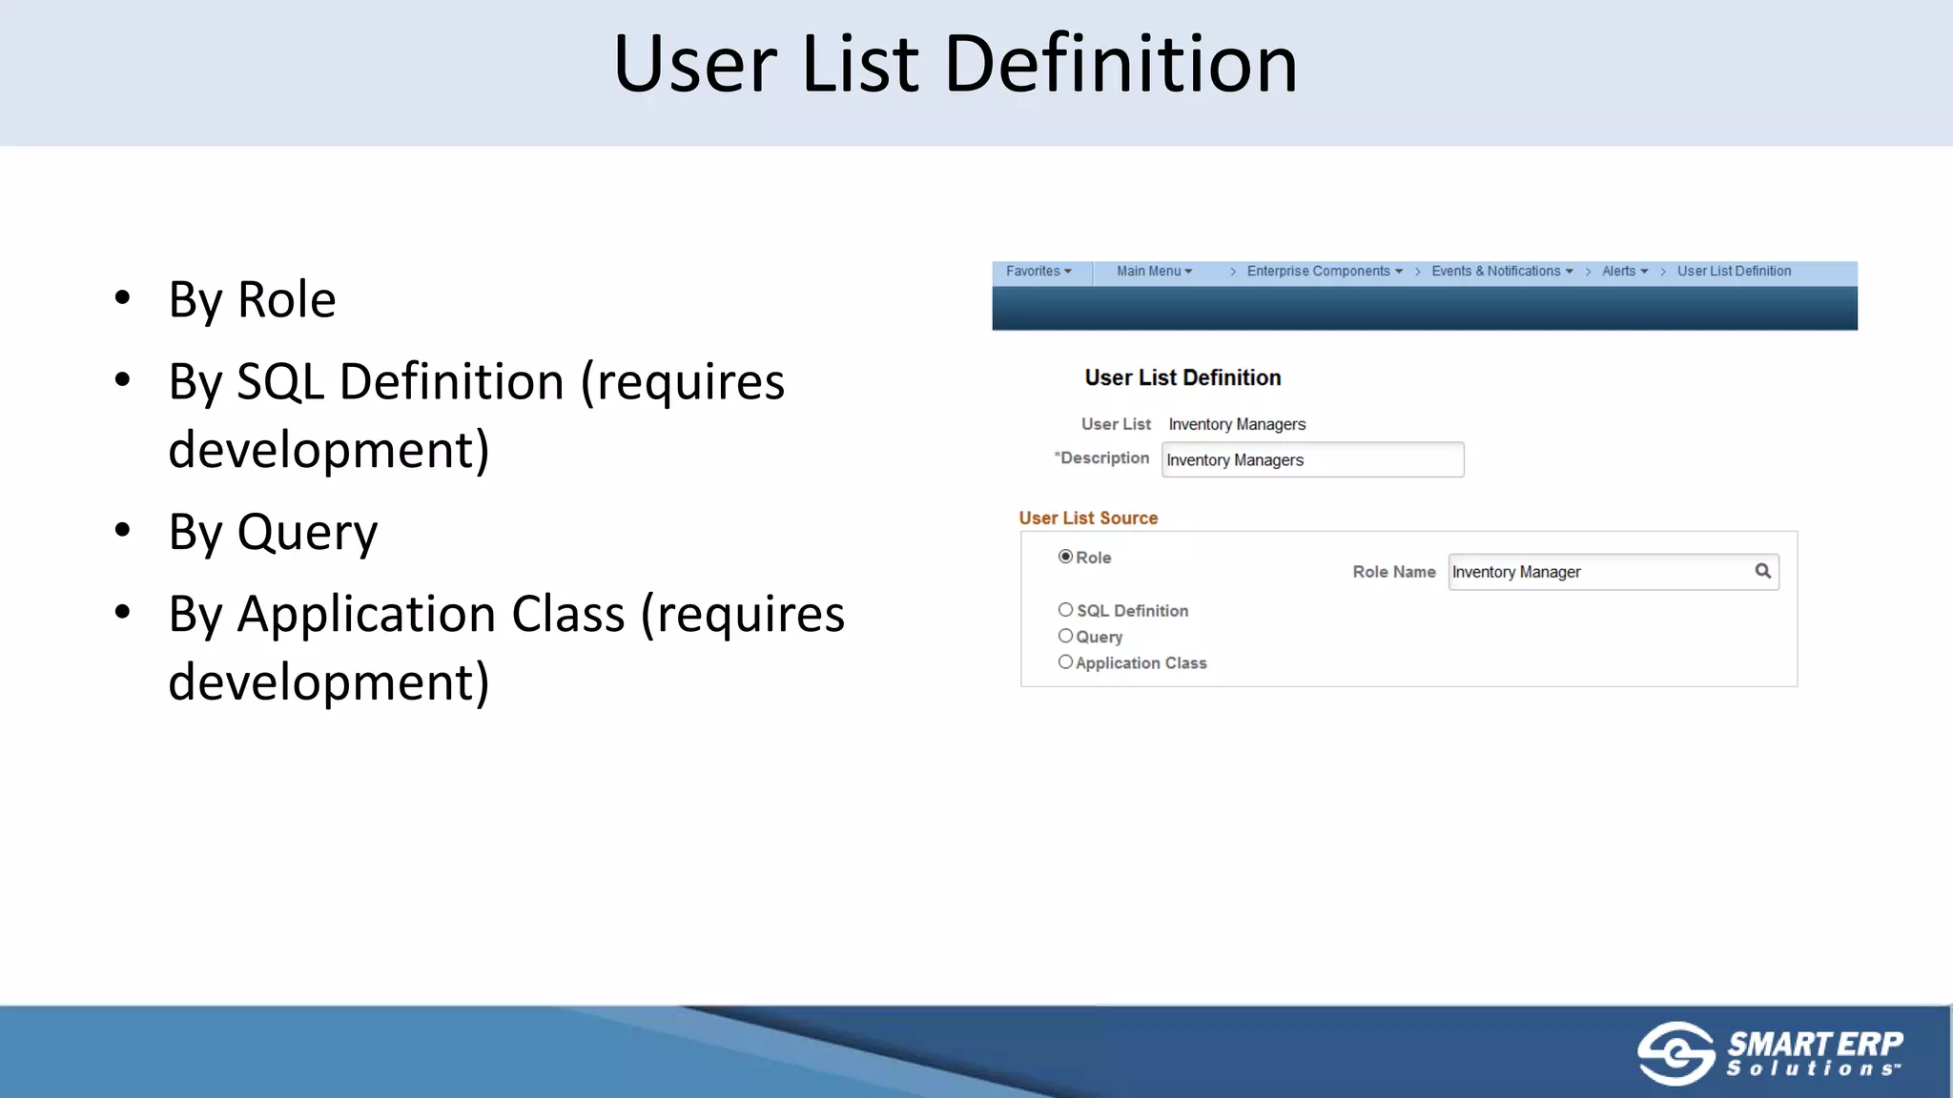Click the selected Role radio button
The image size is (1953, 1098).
(1065, 557)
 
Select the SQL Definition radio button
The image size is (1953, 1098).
(1065, 610)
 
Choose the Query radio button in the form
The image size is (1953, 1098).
(1065, 636)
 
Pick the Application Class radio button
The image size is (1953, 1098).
(1065, 662)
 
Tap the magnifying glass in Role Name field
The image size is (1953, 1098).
(1762, 571)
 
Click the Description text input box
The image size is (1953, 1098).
(1312, 459)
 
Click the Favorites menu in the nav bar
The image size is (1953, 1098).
(1038, 272)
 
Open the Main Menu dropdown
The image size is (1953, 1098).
(1154, 272)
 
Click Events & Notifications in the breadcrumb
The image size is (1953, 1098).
(1501, 272)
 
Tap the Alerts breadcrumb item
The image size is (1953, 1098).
(1624, 272)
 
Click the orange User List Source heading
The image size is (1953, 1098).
(1088, 518)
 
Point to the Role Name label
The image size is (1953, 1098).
(1393, 572)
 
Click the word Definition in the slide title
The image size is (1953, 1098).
(1120, 65)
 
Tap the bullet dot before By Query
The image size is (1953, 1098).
(122, 530)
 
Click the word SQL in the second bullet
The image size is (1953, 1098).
(280, 382)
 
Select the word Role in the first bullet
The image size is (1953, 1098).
(286, 300)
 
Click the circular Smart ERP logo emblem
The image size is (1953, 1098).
(1675, 1053)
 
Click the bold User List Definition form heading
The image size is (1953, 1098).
(1182, 377)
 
